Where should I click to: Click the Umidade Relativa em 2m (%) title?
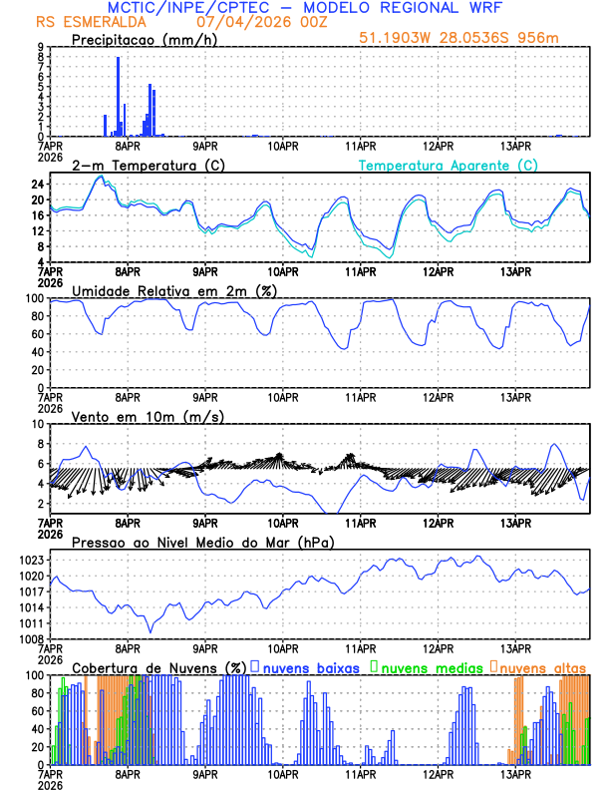tap(174, 290)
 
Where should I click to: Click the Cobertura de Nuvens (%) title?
tap(158, 667)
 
